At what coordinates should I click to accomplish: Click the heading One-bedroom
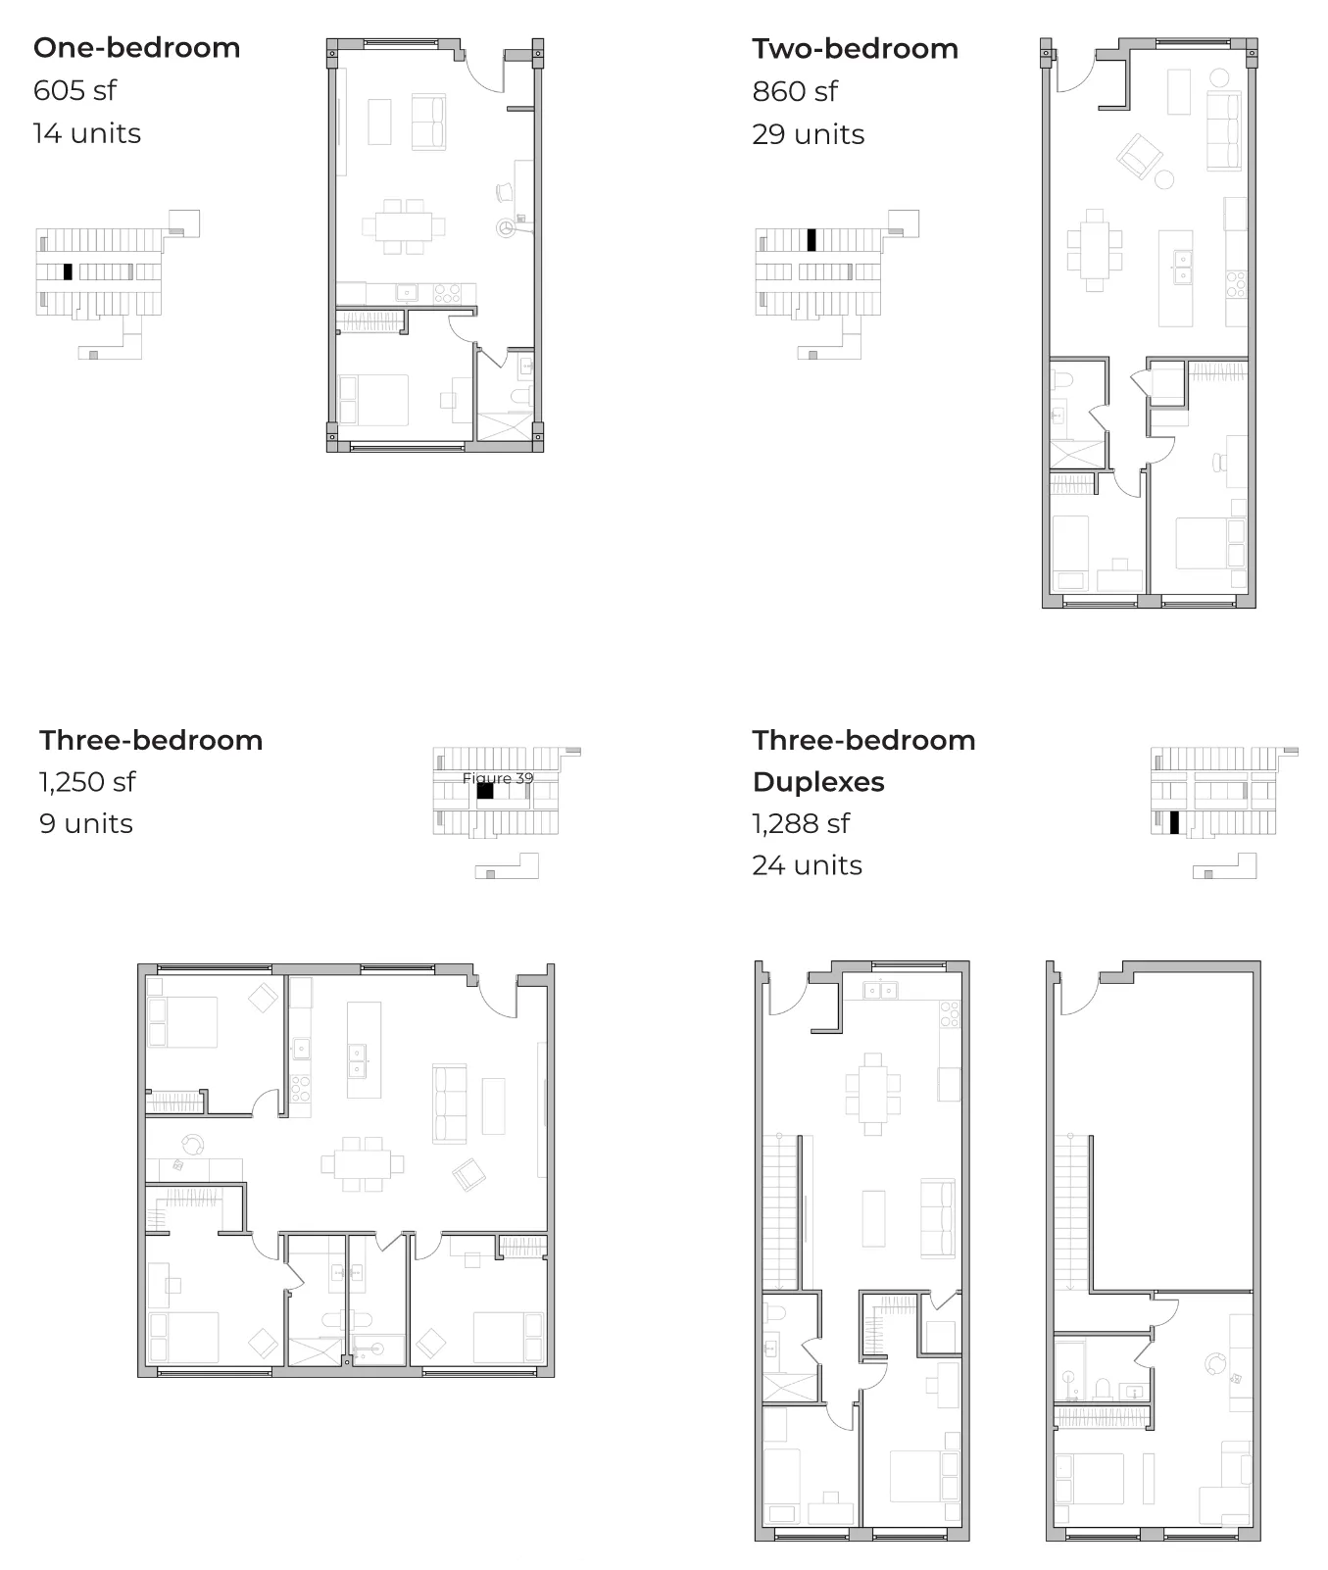click(x=137, y=48)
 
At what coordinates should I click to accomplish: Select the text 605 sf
click(x=74, y=90)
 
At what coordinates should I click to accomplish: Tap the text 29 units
click(x=809, y=134)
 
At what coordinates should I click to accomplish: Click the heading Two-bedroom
click(x=856, y=49)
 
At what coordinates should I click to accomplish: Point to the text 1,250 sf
click(x=87, y=782)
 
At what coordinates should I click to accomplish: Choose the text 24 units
click(x=808, y=865)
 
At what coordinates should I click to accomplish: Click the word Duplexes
click(x=818, y=782)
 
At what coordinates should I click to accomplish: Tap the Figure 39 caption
click(x=498, y=778)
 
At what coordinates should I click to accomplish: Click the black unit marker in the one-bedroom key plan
click(x=68, y=272)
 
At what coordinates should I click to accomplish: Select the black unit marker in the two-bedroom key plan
click(x=812, y=240)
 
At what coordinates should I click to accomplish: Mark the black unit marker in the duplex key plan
click(x=1174, y=823)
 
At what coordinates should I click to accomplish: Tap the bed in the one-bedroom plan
click(x=373, y=400)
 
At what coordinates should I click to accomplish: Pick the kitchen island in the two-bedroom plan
click(x=1175, y=278)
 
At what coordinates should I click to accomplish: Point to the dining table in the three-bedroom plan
click(x=362, y=1163)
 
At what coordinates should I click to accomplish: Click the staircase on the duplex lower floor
click(x=781, y=1213)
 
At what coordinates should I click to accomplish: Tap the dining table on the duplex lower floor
click(x=872, y=1094)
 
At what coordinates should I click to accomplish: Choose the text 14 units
click(x=87, y=133)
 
